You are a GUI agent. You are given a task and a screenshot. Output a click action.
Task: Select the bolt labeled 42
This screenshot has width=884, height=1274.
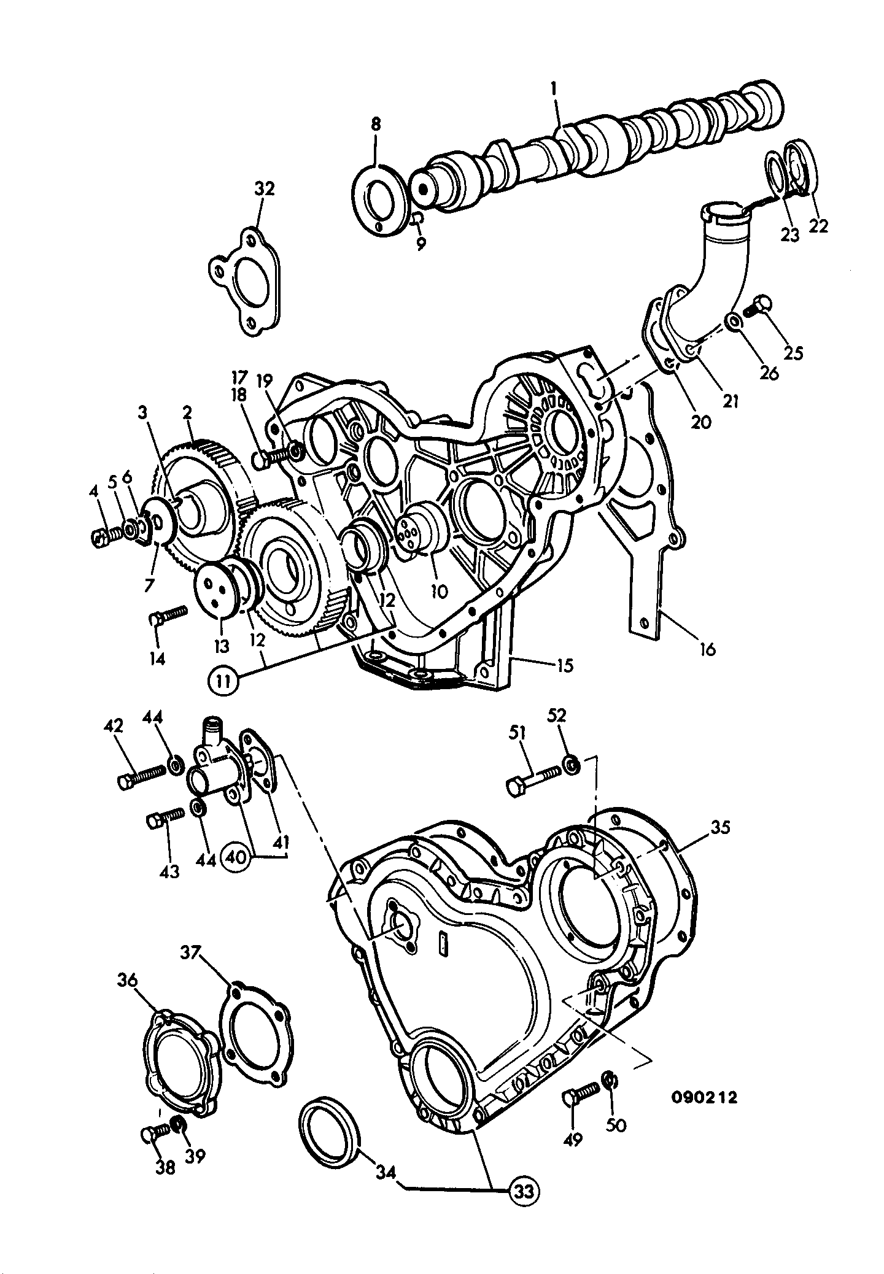[141, 776]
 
